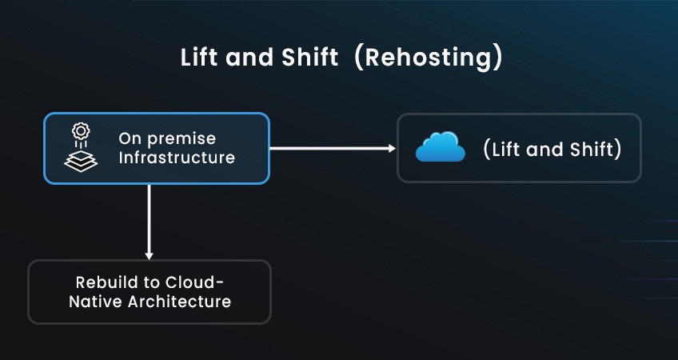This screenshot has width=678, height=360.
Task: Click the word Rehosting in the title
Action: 428,58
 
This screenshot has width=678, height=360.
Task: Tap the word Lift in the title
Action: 197,57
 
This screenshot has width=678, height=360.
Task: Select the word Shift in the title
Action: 309,57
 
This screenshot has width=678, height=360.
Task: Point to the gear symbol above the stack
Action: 81,131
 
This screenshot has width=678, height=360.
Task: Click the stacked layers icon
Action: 81,161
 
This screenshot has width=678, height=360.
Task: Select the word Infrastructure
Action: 177,158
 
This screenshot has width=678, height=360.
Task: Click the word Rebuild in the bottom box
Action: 109,282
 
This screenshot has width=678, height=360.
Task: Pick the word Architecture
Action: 179,302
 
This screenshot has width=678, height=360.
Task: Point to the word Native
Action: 96,302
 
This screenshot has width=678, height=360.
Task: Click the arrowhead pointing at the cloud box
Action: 392,149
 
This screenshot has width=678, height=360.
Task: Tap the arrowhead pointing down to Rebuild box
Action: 150,256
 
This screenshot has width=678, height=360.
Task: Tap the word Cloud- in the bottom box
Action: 195,282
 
